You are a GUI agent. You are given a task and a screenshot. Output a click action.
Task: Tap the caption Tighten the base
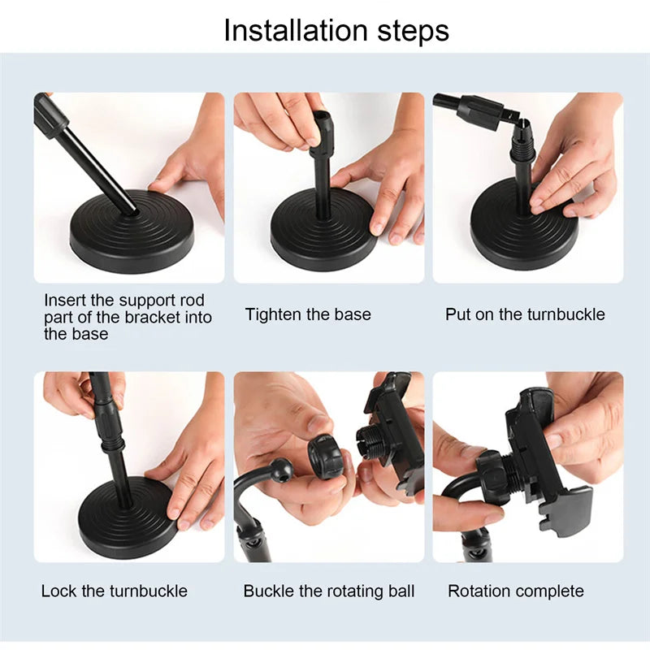click(x=308, y=314)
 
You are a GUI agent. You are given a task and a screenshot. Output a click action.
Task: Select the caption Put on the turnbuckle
click(x=525, y=314)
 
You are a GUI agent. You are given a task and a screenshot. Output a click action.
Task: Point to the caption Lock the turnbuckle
click(x=114, y=591)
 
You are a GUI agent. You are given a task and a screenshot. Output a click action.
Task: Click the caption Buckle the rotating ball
click(x=328, y=591)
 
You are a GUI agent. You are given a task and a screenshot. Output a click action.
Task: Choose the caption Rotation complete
click(x=516, y=591)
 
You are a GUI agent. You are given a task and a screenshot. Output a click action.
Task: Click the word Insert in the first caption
click(x=63, y=300)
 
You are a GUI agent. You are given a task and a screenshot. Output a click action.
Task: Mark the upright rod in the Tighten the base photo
click(x=323, y=183)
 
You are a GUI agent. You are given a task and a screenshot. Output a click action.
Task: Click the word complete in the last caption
click(x=552, y=591)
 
